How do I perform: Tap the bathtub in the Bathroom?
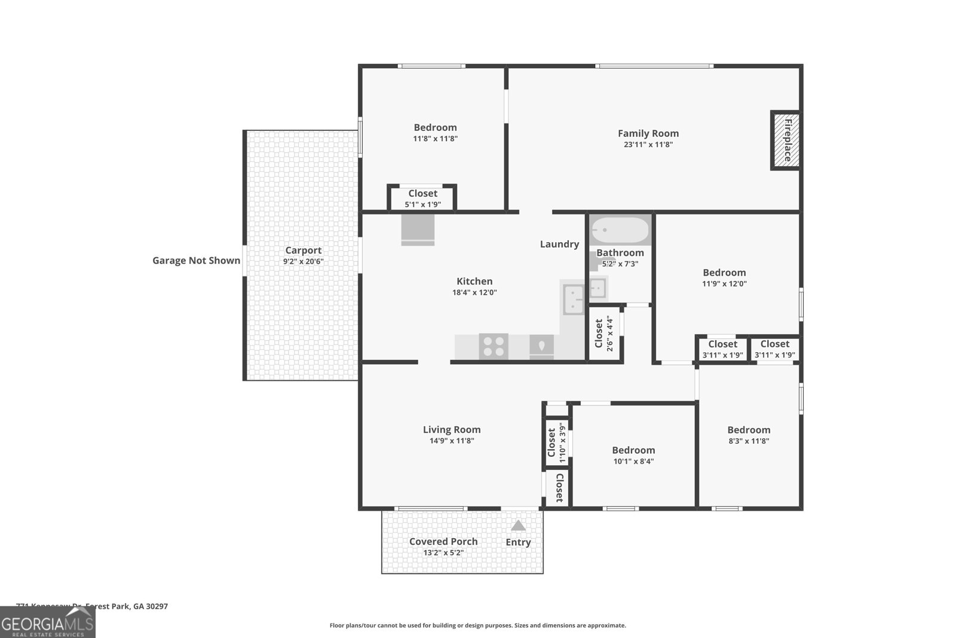619,230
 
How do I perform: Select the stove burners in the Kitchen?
494,347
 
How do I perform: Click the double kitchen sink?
574,299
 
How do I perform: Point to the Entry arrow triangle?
518,526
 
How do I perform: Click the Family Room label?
648,133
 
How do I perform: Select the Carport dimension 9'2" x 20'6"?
303,262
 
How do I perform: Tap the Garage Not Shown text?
196,260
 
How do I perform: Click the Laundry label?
559,244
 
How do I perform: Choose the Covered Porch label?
443,541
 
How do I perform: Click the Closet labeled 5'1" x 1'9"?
422,199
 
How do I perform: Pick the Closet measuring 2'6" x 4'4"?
604,334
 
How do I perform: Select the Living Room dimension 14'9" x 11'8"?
451,441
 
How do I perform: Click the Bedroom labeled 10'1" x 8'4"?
633,455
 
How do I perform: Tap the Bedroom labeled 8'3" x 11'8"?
749,435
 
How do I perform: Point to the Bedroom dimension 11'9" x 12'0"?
724,284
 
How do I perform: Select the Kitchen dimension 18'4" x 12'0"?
474,292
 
